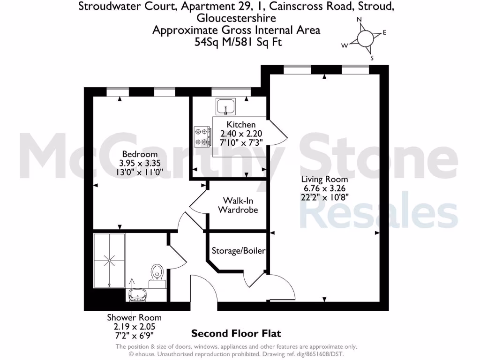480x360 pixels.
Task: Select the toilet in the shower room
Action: (x=157, y=273)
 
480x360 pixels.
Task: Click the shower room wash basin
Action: (x=137, y=294)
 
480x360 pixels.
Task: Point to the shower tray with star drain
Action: (x=110, y=260)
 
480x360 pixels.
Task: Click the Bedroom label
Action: (x=140, y=154)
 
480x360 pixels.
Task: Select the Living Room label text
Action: (x=324, y=179)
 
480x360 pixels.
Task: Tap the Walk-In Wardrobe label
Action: (x=238, y=205)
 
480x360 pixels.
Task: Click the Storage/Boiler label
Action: (x=239, y=251)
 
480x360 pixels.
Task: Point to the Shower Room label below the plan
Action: (x=134, y=318)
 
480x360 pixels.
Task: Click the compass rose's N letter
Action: (x=360, y=20)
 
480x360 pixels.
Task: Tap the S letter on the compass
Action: (x=372, y=58)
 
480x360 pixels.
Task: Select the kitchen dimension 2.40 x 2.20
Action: (x=241, y=133)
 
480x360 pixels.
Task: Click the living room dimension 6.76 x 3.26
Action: (x=324, y=188)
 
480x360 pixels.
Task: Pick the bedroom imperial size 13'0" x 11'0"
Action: (x=140, y=172)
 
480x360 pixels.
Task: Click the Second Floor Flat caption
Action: (x=236, y=334)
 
